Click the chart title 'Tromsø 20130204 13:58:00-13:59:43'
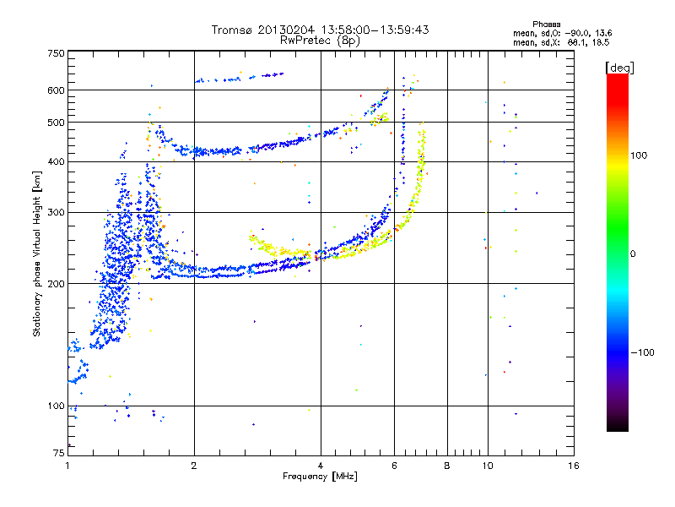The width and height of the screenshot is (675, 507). click(321, 30)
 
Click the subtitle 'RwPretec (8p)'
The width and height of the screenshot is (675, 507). click(321, 40)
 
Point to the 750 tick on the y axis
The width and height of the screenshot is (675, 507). click(57, 53)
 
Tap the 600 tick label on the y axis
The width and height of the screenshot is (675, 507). click(57, 90)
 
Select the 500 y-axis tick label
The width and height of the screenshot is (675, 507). click(57, 122)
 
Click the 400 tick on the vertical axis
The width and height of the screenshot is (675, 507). click(57, 161)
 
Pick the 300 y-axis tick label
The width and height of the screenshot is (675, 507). click(57, 212)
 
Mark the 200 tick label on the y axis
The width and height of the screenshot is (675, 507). click(57, 283)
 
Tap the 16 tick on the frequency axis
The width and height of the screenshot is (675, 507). click(573, 466)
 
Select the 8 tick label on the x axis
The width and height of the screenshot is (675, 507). click(447, 466)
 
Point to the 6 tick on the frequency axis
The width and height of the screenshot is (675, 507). click(395, 466)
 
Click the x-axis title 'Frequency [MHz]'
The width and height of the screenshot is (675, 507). click(321, 477)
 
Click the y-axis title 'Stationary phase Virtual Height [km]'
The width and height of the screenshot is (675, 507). click(37, 253)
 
